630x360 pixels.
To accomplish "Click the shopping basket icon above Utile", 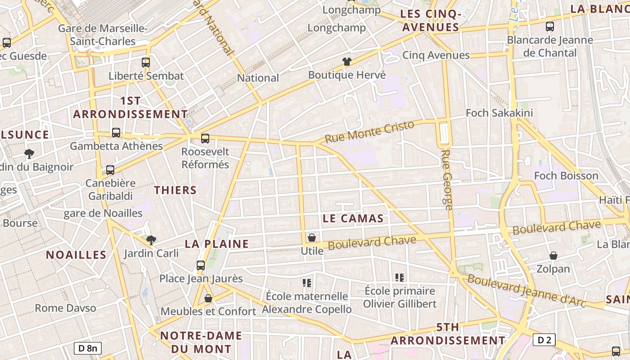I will [x=311, y=237].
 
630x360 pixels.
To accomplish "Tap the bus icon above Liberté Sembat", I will [x=145, y=62].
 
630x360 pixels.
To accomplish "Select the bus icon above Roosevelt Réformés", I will [x=205, y=138].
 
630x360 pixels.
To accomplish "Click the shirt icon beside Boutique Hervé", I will [x=346, y=62].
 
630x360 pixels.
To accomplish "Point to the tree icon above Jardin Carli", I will [x=151, y=240].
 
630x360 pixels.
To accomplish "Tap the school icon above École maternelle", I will [x=307, y=283].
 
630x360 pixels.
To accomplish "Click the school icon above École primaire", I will [x=400, y=277].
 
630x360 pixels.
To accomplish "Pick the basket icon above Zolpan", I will [x=553, y=256].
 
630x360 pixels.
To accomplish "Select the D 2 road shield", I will [x=544, y=340].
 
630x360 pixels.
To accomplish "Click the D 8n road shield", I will [x=87, y=348].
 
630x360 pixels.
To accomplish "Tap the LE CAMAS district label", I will [x=353, y=219].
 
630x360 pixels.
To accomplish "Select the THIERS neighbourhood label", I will [x=175, y=190].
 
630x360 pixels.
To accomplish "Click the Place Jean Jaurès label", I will [x=201, y=279].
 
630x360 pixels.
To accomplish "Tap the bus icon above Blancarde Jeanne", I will [x=550, y=27].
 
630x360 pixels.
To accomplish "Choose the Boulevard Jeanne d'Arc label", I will [x=526, y=291].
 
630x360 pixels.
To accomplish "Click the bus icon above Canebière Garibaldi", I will [x=110, y=170].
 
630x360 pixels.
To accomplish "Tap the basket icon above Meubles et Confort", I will [x=208, y=298].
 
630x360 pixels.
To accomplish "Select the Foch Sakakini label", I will [x=499, y=112].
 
